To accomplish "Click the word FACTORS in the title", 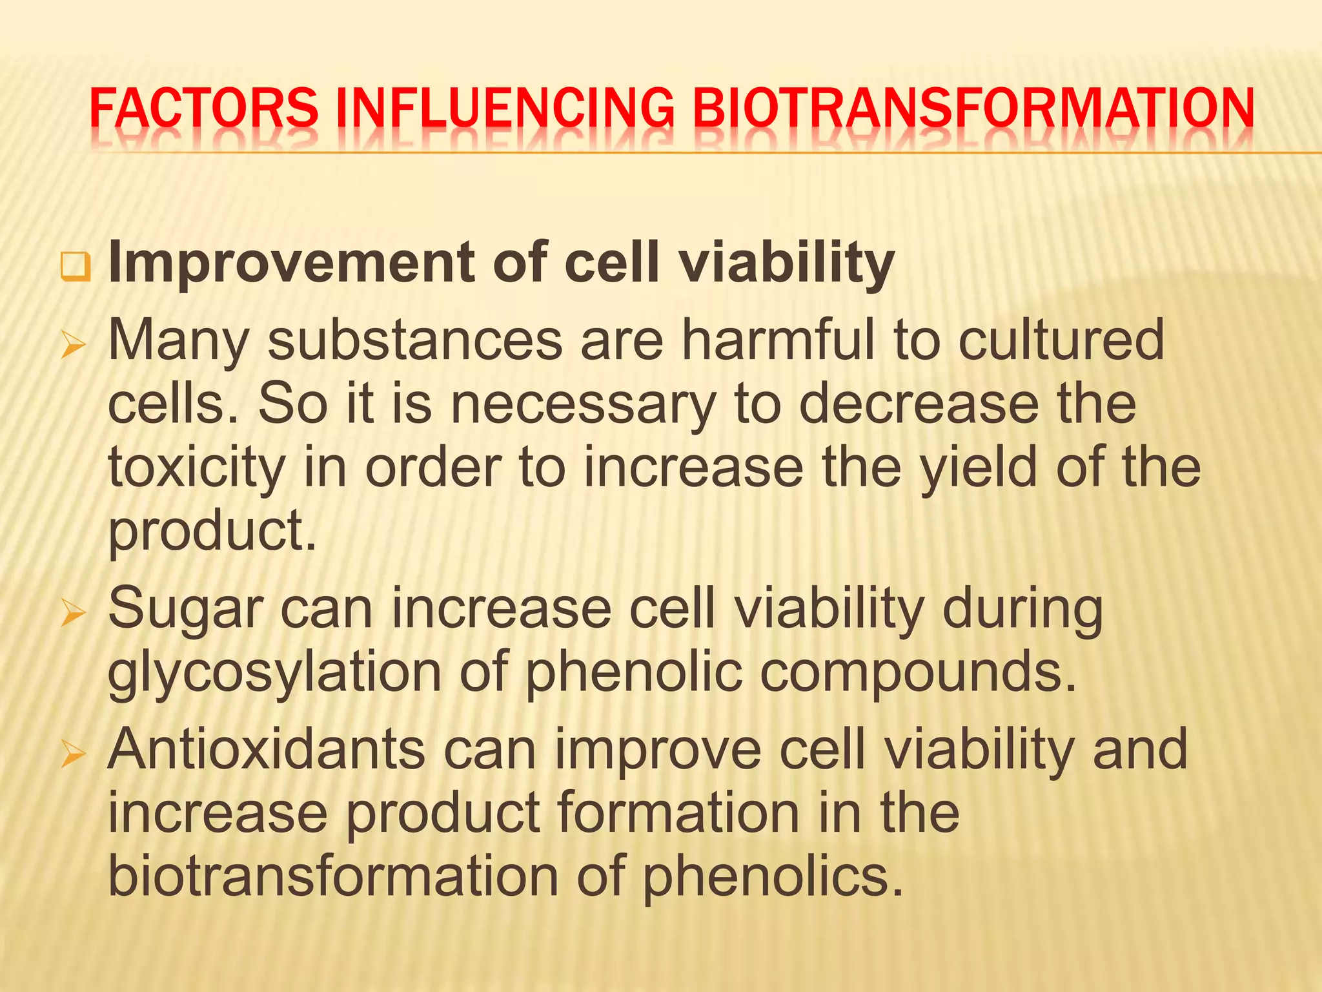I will tap(204, 108).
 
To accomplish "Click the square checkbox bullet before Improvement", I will tap(76, 267).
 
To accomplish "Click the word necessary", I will tap(583, 405).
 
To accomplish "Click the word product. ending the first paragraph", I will tap(212, 531).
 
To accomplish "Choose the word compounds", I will tap(917, 673).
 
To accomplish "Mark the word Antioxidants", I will tap(267, 749).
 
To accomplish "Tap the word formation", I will tap(678, 812).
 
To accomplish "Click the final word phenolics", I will tap(772, 877).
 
